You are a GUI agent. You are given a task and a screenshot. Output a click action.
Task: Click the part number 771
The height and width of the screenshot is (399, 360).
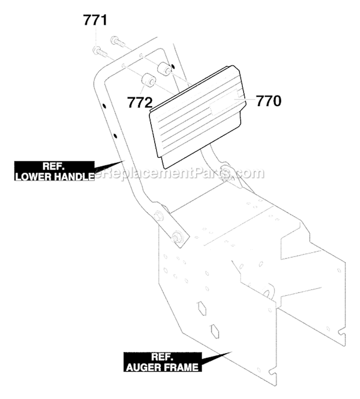(x=96, y=20)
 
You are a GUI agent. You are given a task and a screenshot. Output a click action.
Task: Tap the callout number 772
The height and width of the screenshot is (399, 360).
(x=140, y=102)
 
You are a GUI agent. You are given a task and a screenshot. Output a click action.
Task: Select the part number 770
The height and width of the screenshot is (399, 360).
(x=269, y=101)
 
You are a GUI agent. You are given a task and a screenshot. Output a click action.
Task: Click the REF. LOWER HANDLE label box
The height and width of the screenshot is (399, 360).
(x=54, y=171)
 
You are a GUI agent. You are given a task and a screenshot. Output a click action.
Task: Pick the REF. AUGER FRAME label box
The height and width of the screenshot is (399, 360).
(x=163, y=362)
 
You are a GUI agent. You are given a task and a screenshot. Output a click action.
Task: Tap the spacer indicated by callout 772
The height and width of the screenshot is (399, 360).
(x=147, y=80)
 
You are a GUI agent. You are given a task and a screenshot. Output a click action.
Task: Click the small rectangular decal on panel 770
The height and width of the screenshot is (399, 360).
(x=224, y=102)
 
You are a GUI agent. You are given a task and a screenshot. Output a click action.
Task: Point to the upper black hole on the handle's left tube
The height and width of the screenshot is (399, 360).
(x=104, y=106)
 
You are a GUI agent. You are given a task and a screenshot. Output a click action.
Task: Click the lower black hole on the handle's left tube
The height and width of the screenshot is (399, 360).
(x=115, y=136)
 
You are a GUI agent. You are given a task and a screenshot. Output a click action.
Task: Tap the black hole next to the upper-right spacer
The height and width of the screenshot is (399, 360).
(x=173, y=66)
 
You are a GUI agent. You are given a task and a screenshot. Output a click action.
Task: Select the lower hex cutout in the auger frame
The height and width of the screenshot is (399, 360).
(x=214, y=331)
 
